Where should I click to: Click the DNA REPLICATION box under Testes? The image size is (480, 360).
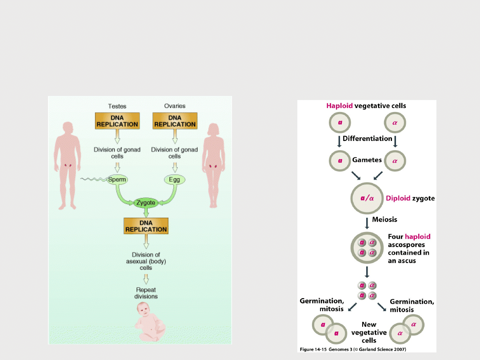(x=117, y=120)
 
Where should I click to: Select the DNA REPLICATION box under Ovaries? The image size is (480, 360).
(x=175, y=120)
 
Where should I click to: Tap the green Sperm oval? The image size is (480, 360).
(x=117, y=180)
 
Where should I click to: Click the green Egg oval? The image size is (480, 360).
(x=174, y=180)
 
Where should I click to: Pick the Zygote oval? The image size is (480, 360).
(x=146, y=203)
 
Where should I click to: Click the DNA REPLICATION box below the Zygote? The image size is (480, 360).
(x=146, y=226)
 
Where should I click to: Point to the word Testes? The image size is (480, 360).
(x=117, y=106)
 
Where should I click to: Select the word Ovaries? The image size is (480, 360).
(x=175, y=106)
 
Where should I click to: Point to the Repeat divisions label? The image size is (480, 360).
(x=147, y=293)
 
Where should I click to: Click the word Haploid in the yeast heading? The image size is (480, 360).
(x=340, y=106)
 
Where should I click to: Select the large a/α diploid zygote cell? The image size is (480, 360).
(x=366, y=198)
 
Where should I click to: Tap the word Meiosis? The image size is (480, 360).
(x=384, y=219)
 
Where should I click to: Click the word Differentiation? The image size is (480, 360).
(x=367, y=138)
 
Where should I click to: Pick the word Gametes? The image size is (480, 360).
(x=367, y=160)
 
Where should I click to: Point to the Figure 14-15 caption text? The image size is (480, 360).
(x=353, y=349)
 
